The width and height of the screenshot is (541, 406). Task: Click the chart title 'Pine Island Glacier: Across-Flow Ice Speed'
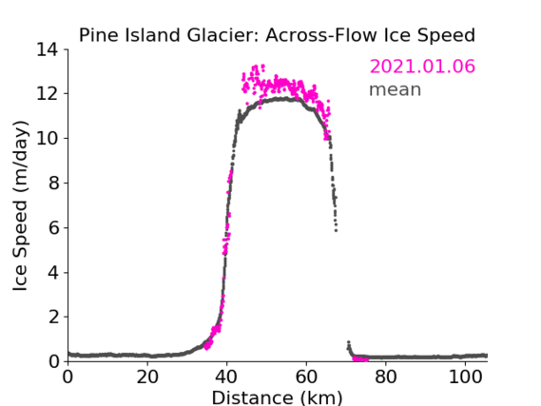(277, 35)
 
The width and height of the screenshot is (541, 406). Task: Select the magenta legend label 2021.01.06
(422, 67)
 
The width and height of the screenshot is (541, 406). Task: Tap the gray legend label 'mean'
(396, 89)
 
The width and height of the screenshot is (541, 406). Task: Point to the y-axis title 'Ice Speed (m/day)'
(20, 206)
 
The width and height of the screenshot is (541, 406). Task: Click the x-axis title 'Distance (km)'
(277, 397)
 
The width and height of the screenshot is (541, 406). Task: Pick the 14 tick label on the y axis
(48, 50)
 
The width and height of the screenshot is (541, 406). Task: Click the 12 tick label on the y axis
(48, 94)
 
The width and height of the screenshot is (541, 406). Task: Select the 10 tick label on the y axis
(48, 138)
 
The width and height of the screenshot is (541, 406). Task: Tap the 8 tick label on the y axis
(53, 183)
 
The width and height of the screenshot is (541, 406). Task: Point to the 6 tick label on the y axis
(53, 227)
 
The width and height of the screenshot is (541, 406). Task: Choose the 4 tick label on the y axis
(53, 273)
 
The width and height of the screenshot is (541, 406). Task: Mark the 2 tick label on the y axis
(53, 317)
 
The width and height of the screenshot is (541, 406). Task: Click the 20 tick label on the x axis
(147, 377)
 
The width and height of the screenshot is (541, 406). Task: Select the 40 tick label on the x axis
(226, 377)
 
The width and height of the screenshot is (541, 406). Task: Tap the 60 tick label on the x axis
(306, 377)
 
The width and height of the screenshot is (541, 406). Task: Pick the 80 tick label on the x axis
(386, 377)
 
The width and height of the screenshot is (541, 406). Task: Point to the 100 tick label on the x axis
(465, 377)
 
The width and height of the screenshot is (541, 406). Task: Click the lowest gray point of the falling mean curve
(336, 230)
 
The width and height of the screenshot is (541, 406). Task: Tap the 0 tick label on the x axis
(68, 377)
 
